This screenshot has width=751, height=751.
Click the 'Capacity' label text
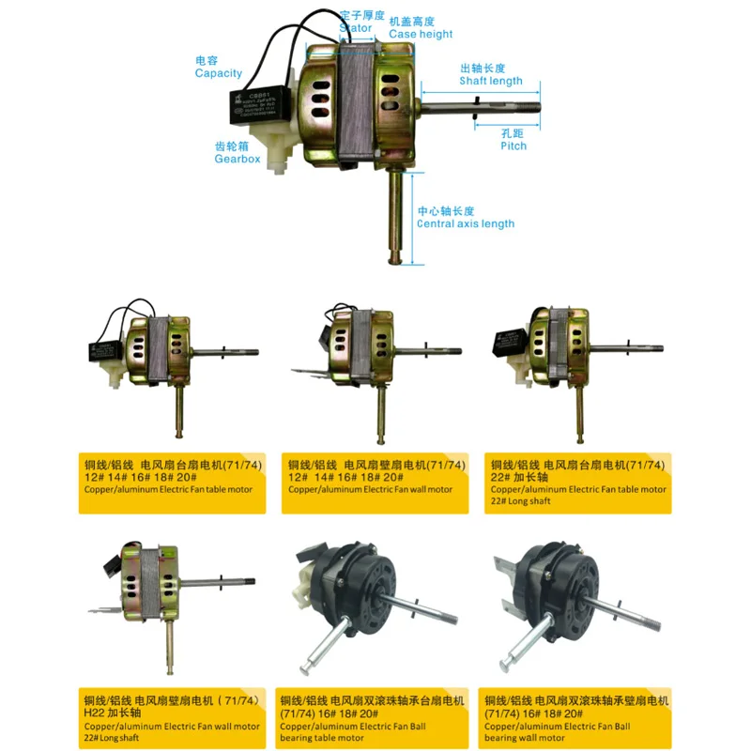tap(218, 73)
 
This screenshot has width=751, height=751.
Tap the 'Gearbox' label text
tap(237, 159)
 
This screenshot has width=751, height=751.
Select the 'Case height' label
tap(421, 35)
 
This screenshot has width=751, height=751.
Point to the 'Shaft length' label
tap(490, 81)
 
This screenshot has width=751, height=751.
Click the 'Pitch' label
tap(513, 146)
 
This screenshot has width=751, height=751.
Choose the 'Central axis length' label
tap(466, 223)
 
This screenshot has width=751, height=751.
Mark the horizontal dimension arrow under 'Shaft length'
tap(482, 93)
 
